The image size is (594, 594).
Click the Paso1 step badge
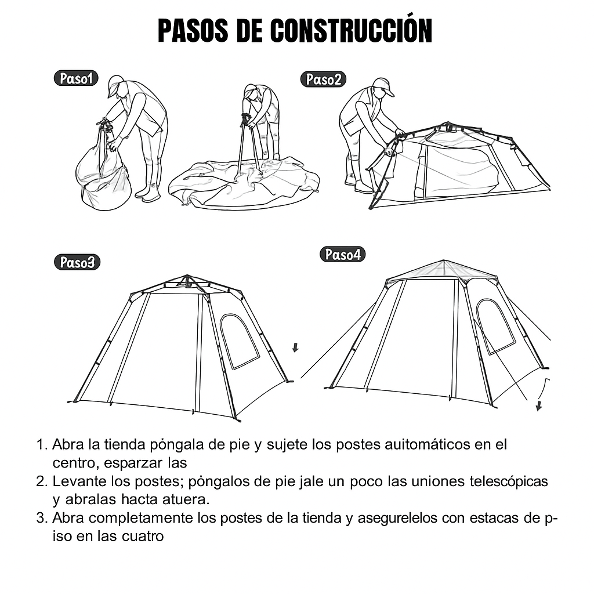tap(76, 78)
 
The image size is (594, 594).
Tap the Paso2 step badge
tap(323, 79)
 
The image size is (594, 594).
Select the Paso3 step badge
tap(77, 262)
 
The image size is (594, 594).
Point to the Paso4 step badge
tap(342, 254)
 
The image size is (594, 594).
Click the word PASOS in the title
tap(193, 30)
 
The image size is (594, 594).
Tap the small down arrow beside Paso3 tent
tap(295, 347)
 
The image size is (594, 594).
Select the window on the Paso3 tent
tap(240, 341)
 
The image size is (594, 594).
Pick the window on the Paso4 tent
tap(496, 327)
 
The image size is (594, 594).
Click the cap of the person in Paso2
tap(383, 86)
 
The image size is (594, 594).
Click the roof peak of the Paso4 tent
tap(444, 261)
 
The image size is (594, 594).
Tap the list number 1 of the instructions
tap(41, 444)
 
